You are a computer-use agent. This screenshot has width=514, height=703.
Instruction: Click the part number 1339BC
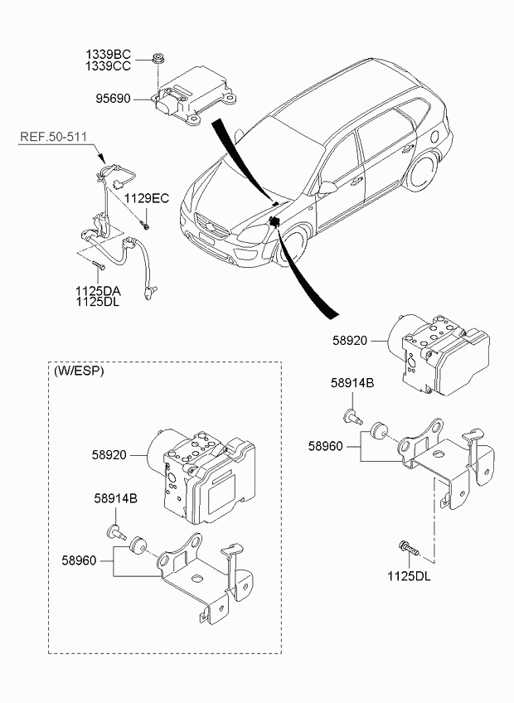pos(109,55)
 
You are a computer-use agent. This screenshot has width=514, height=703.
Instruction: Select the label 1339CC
pos(109,66)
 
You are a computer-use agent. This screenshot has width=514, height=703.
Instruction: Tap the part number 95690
pos(113,98)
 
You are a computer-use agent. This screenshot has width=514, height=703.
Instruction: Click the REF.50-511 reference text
pos(53,137)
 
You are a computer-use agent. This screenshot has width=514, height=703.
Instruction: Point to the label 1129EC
pos(147,198)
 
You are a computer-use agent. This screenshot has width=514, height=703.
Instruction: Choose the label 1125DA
pos(98,290)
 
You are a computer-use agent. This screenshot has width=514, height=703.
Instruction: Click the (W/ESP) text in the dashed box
pos(79,371)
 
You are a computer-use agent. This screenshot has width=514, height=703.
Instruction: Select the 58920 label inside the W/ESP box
pos(109,455)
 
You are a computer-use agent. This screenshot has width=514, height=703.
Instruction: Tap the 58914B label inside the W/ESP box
pos(116,498)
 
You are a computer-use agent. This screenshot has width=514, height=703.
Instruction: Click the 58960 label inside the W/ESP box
pos(79,560)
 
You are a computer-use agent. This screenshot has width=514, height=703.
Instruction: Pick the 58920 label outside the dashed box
pos(350,341)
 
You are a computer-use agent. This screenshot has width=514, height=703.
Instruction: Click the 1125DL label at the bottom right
pos(409,576)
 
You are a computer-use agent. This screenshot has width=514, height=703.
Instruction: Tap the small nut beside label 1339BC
pos(158,58)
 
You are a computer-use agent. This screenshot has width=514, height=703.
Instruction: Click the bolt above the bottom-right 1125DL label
pos(408,547)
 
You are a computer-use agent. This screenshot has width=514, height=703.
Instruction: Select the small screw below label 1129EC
pos(145,225)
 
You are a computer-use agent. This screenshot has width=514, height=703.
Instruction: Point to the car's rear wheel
pos(423,172)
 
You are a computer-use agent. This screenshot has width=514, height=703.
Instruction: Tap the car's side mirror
pos(327,188)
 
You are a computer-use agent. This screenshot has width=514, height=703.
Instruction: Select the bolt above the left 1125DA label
pos(98,266)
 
